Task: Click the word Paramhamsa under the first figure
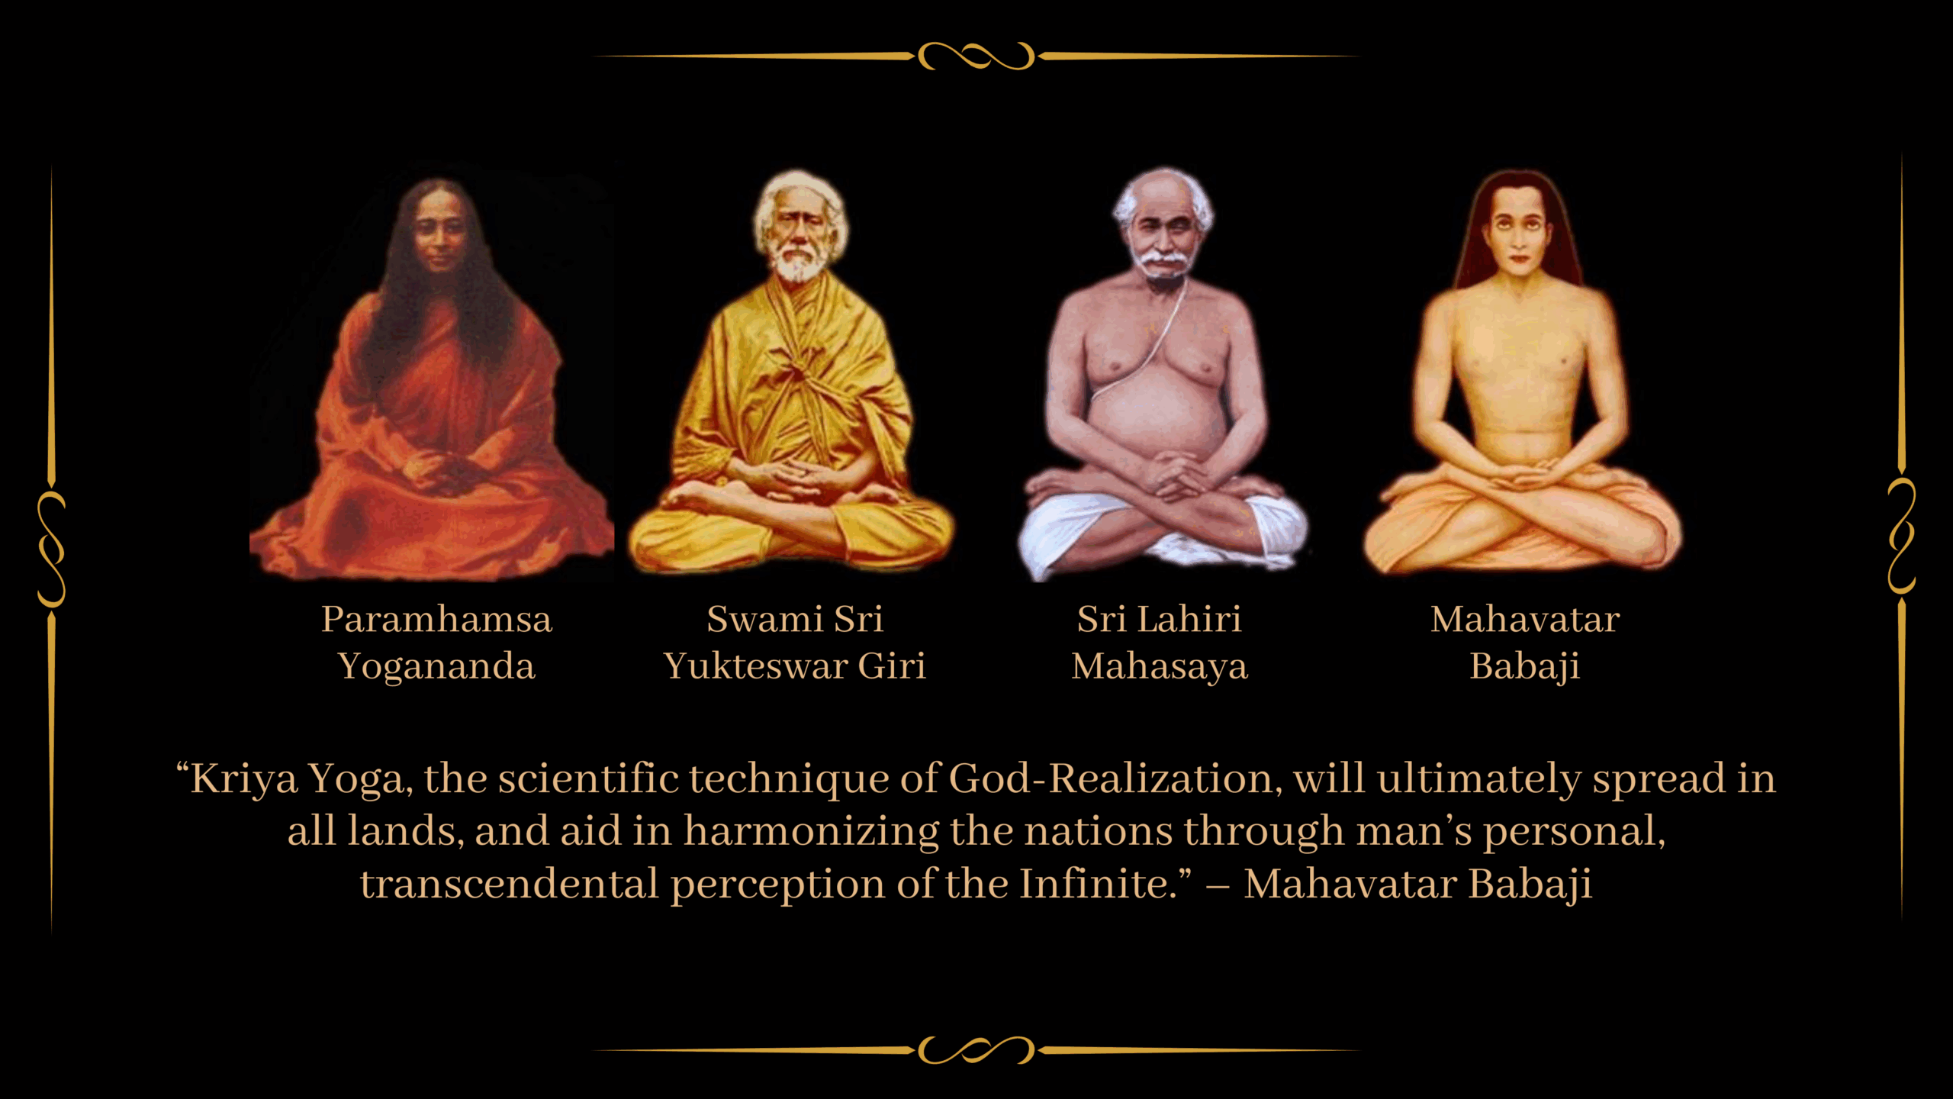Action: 436,619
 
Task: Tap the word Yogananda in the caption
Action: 436,666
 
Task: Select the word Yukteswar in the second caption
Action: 755,666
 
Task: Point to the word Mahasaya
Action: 1160,666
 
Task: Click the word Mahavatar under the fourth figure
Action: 1525,619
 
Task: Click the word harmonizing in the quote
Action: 812,832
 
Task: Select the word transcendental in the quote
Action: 510,884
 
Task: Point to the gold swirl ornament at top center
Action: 976,56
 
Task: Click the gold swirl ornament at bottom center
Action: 976,1050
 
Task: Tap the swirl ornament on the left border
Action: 52,549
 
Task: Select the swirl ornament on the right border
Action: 1901,537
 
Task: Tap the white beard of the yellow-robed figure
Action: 798,264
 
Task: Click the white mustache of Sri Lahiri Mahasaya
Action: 1162,259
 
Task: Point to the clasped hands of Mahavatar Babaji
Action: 1518,479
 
